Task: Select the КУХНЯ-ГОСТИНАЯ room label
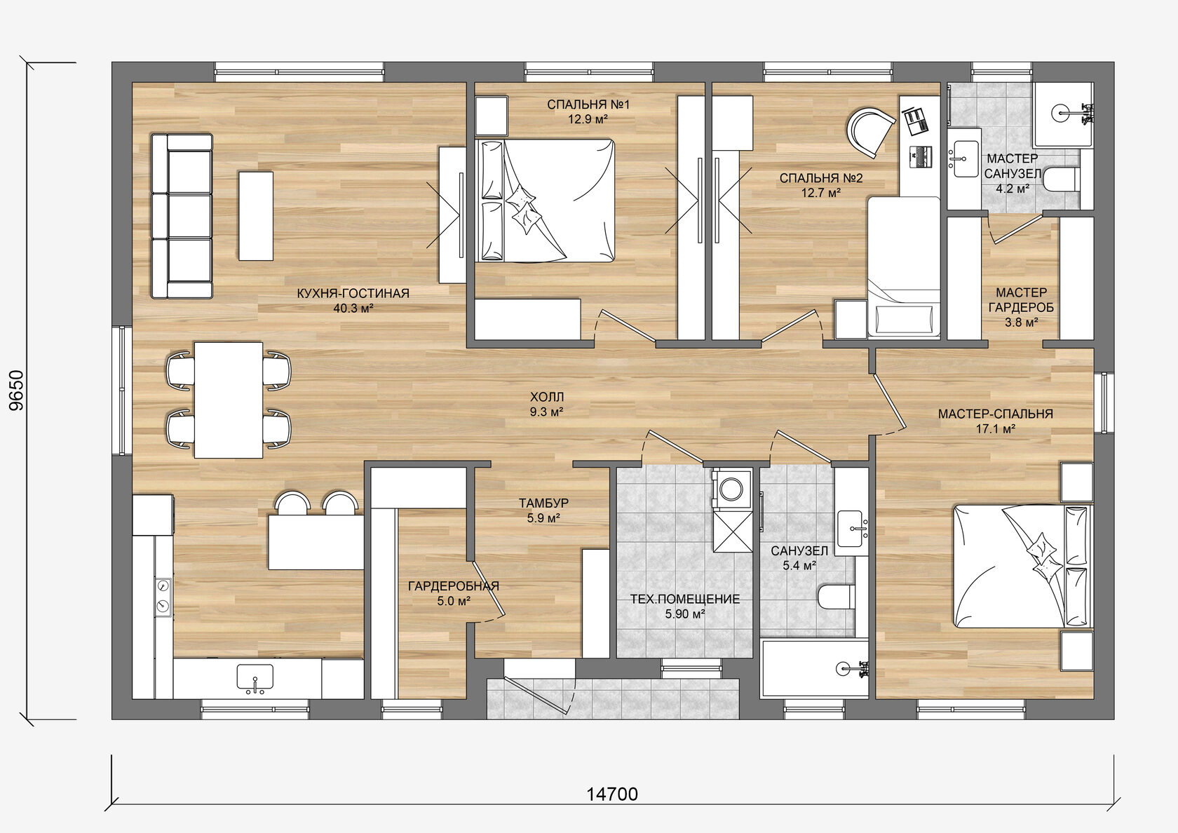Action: [353, 293]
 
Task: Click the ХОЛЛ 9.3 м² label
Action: [547, 404]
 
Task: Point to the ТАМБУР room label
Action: [544, 503]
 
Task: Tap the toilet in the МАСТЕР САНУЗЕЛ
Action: [1060, 180]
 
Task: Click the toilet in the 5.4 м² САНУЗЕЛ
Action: [836, 596]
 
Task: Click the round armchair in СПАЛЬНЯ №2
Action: [869, 131]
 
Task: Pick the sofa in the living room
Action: [182, 216]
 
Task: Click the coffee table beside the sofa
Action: [256, 216]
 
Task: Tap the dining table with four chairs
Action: [229, 400]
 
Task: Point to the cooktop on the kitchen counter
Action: [163, 597]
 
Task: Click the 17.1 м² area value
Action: [996, 428]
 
